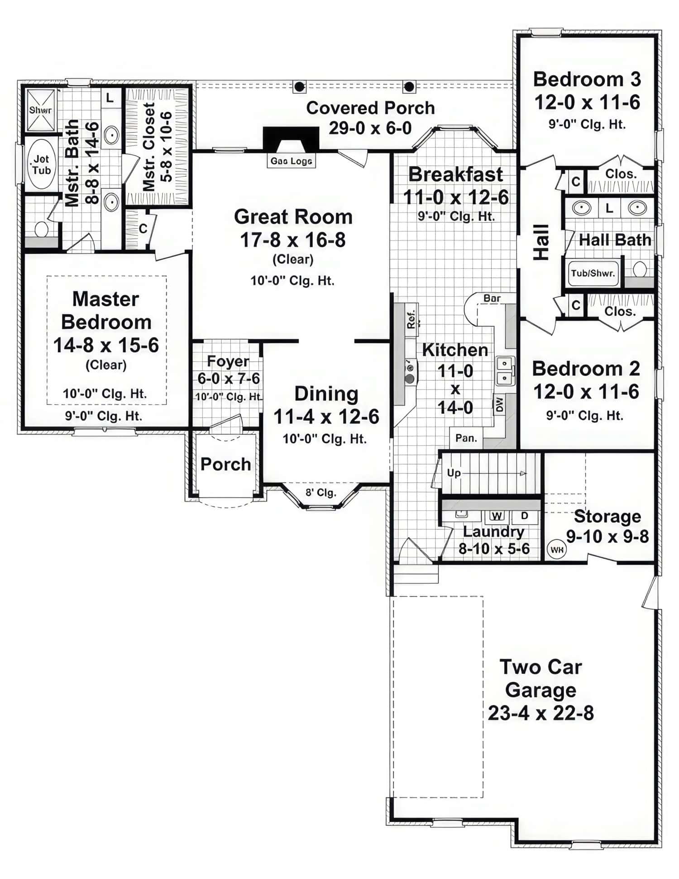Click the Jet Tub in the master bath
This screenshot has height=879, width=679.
41,165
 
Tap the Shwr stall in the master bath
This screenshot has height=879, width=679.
41,110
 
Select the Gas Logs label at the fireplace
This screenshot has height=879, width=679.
291,161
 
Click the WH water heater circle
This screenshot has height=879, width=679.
556,550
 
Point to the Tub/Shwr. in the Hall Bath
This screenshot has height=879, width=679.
593,273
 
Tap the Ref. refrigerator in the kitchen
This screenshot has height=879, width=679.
411,319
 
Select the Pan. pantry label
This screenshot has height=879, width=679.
466,438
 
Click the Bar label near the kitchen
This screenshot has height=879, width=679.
492,299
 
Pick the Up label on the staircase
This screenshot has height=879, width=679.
454,473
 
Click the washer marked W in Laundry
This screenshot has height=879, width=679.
497,516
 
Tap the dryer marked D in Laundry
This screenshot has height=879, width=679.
525,516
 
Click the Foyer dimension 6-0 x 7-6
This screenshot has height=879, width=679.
229,378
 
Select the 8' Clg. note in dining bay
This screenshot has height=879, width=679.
320,492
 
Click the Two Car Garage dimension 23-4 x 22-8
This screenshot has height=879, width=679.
540,713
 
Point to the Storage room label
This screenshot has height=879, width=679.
607,516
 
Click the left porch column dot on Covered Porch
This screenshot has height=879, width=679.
299,86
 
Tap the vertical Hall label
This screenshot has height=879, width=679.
541,242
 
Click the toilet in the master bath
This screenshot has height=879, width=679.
41,229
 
